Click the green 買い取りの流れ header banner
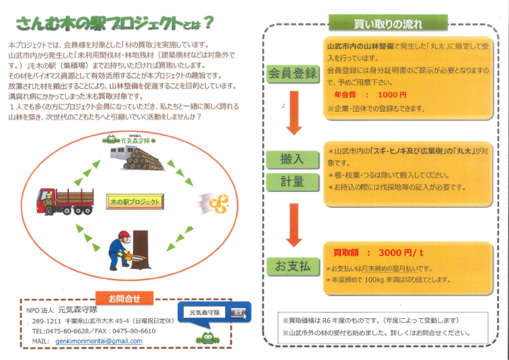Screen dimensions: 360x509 click(x=388, y=25)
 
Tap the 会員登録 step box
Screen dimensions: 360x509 click(x=292, y=73)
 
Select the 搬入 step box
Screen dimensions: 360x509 click(x=292, y=159)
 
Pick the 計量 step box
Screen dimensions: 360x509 click(x=292, y=181)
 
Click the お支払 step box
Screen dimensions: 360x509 click(x=292, y=266)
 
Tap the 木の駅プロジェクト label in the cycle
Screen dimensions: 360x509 click(x=135, y=201)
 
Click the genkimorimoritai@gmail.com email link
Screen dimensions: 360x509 click(x=99, y=341)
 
